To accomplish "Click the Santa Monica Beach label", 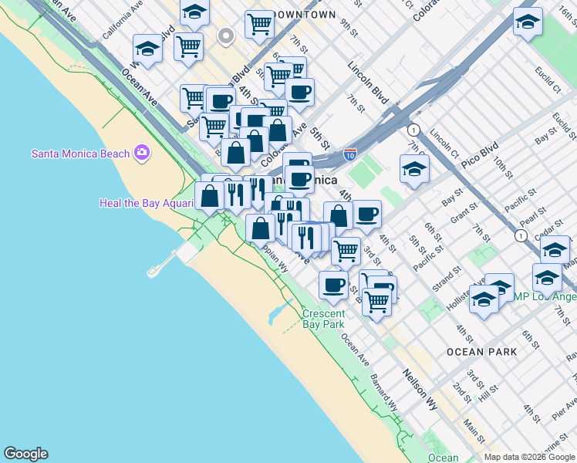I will coord(80,153).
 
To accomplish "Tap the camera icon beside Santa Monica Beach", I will coord(141,153).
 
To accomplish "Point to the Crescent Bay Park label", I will coord(323,319).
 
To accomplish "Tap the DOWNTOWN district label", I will coord(305,15).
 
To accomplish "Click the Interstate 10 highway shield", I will coord(350,155).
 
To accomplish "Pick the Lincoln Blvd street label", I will coord(368,84).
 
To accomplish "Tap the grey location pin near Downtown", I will coord(225,35).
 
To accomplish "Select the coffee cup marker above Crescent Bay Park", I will coord(333,284).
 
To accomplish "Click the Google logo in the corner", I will coord(25,454).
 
